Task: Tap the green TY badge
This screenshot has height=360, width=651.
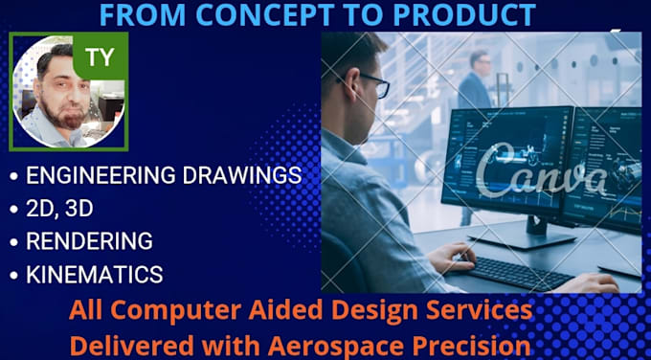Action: [99, 56]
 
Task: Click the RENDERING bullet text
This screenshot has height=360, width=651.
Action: [89, 240]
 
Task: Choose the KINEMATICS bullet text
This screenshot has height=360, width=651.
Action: [94, 274]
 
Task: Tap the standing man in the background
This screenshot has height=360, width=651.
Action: [475, 81]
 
